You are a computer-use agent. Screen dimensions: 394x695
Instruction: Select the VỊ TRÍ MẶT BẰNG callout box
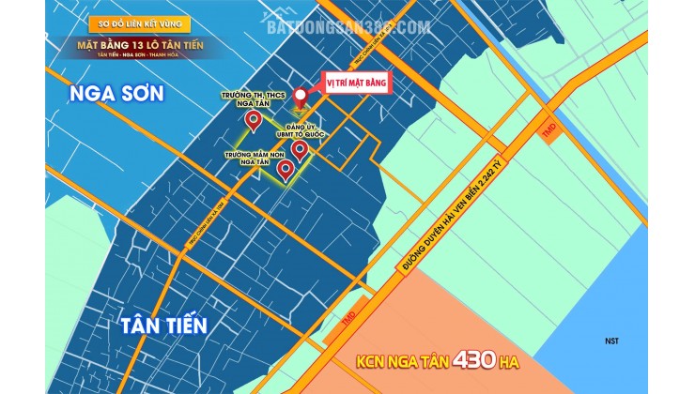point(354,82)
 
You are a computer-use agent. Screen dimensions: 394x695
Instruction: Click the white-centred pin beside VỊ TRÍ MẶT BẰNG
point(301,97)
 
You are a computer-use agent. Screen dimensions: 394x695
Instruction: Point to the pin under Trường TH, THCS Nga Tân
point(253,121)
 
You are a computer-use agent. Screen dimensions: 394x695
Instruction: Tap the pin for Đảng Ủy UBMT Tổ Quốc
point(300,149)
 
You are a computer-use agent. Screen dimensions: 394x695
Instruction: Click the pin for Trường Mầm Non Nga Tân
point(285,170)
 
